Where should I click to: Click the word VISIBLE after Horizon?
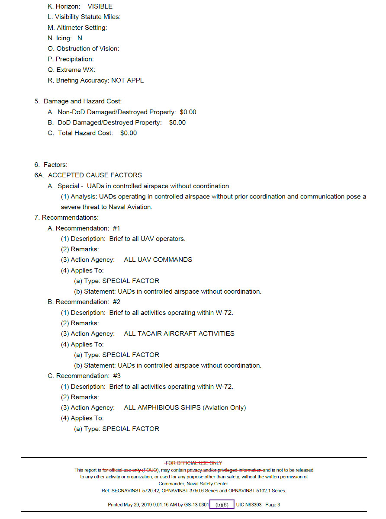100,6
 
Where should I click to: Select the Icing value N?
80,38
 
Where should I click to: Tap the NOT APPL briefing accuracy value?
127,80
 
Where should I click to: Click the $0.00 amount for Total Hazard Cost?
129,133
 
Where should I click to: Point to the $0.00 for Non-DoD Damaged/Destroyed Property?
188,112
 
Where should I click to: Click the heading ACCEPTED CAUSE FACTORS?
95,175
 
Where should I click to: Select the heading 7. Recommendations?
66,218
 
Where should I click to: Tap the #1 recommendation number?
116,228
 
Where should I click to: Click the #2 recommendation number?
116,302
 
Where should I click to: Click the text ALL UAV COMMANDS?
158,260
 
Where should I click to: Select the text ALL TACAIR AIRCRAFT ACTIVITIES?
179,334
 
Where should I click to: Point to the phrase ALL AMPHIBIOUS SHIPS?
162,408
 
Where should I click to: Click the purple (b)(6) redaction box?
222,505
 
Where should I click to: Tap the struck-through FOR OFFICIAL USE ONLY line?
193,463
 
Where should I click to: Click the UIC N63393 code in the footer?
249,505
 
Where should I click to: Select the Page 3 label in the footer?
273,505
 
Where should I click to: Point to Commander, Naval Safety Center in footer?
193,484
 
